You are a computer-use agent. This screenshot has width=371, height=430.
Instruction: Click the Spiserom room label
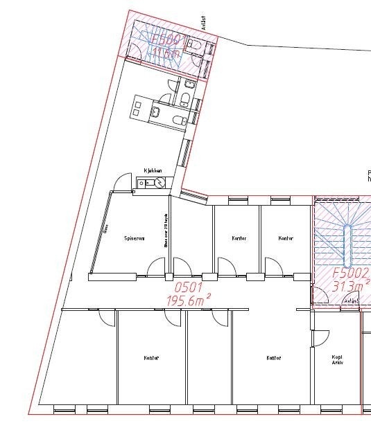click(134, 238)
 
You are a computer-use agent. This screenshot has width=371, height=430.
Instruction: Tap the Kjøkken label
click(153, 170)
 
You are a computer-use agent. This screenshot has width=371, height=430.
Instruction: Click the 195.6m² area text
click(188, 300)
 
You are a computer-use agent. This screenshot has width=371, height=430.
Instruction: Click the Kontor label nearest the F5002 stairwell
click(285, 238)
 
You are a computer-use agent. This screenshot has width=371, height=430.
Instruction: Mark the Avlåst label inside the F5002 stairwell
click(351, 301)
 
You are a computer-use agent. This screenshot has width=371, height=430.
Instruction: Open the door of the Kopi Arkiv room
click(320, 338)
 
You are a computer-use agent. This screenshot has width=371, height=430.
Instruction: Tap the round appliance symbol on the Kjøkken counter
click(160, 183)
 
